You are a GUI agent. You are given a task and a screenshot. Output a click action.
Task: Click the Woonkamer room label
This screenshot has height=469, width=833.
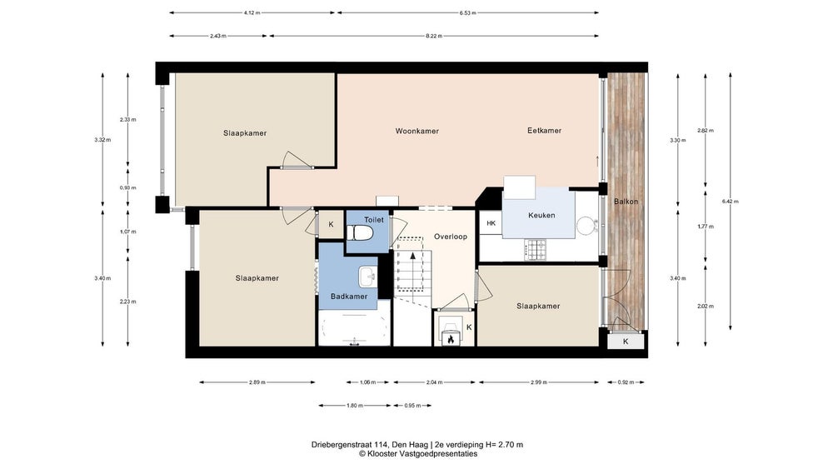pos(417,131)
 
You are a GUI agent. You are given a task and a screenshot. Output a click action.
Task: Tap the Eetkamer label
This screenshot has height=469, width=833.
pos(545,131)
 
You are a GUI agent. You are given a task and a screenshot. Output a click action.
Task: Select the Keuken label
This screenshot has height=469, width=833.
pos(542,215)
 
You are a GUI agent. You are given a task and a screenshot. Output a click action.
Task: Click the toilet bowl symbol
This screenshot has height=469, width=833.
pos(361,232)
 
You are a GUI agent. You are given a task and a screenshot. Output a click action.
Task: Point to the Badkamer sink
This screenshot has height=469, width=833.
pos(367,277)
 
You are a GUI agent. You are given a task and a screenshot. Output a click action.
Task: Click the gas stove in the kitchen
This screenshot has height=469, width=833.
pos(536,250)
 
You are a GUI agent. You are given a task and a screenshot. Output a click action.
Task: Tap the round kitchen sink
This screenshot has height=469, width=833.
pos(586,225)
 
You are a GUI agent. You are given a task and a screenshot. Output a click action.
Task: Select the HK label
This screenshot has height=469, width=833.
pos(491,223)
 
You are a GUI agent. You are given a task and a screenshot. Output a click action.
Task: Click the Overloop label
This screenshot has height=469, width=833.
pos(451,237)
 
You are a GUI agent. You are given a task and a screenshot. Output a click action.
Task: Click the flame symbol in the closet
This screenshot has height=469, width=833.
pos(451,339)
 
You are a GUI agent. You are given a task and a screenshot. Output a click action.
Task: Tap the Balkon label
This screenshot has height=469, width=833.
pos(626,202)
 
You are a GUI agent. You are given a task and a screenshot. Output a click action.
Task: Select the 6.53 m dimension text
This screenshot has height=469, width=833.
pos(468,12)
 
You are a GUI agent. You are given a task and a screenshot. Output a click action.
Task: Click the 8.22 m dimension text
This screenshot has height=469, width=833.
pos(434,36)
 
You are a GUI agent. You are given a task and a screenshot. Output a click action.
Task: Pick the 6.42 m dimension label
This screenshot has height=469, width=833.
pos(731,202)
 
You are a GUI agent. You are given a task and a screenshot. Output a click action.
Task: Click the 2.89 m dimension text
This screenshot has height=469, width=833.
pos(257,382)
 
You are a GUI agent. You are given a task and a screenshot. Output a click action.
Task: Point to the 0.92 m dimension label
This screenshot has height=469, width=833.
pos(626,382)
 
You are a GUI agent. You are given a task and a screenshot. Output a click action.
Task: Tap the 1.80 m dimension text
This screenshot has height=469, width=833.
pos(355,406)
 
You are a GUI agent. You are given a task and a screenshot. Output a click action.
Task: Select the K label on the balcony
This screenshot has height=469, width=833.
pos(626,342)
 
